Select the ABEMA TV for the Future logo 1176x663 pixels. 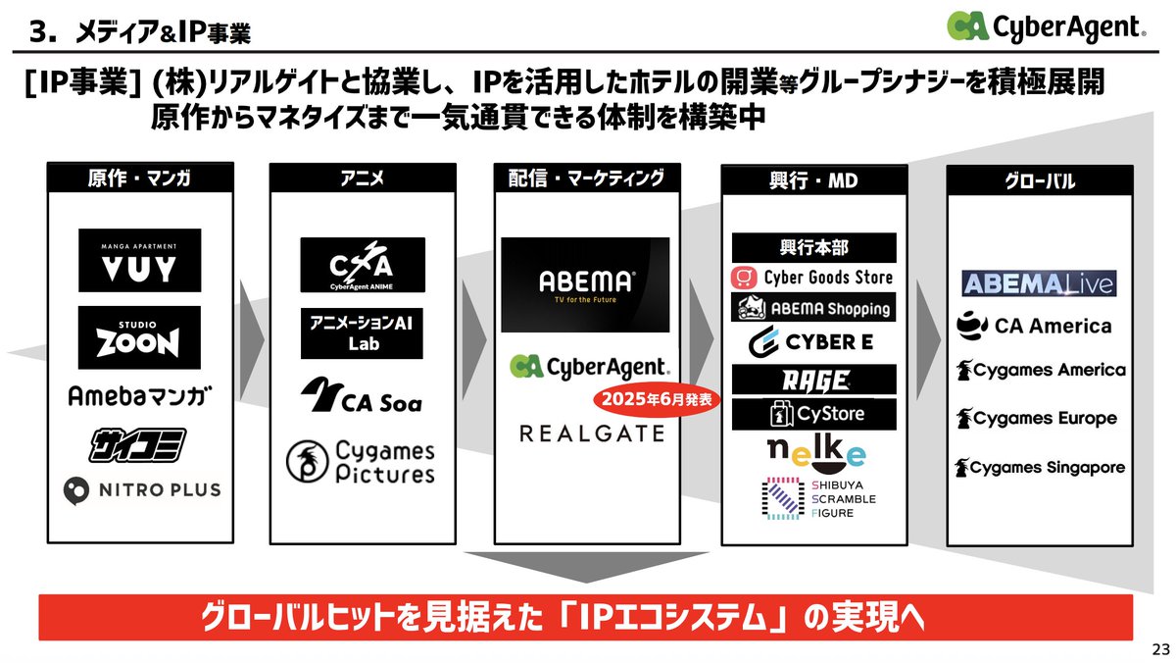(x=585, y=283)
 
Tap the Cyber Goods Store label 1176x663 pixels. (x=813, y=278)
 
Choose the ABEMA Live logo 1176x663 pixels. (x=1039, y=284)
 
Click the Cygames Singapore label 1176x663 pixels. (x=1041, y=468)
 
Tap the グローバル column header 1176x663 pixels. (x=1040, y=181)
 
